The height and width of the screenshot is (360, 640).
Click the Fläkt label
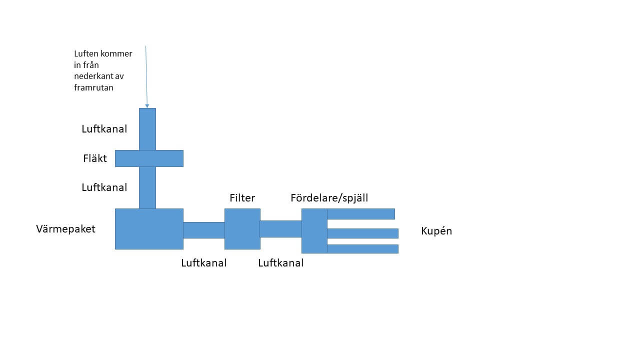[95, 158]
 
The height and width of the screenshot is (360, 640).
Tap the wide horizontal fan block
[149, 158]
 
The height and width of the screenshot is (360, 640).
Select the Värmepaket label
[65, 229]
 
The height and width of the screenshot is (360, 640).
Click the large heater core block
[149, 229]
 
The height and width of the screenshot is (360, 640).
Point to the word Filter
[242, 197]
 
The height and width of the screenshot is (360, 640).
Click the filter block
[242, 229]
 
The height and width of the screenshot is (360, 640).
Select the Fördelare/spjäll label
[329, 198]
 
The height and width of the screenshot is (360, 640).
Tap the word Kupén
[436, 231]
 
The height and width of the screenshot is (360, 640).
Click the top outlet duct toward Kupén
[361, 214]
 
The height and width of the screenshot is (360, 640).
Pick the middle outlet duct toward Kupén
[362, 233]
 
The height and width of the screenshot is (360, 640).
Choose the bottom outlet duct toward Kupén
[362, 249]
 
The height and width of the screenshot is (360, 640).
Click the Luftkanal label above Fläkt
[104, 129]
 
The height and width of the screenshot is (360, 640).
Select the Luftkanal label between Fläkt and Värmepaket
[104, 187]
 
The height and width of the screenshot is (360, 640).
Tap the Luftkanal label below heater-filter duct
[203, 263]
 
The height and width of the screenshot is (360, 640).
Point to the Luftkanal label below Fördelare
[281, 263]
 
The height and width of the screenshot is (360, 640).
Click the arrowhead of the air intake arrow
[147, 106]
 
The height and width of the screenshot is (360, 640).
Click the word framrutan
[93, 87]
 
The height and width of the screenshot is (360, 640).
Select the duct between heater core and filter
[204, 230]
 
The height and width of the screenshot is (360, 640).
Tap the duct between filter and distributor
[281, 229]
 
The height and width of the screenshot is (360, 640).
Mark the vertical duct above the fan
[147, 129]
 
